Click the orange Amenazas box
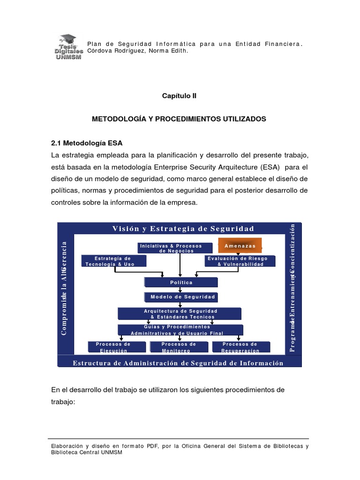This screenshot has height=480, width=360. [x=240, y=246]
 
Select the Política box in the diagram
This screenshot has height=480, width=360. [x=181, y=282]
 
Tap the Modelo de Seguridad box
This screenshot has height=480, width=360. [x=181, y=297]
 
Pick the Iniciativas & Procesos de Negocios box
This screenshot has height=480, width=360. [x=170, y=248]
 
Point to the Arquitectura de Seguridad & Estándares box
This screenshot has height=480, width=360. [x=180, y=314]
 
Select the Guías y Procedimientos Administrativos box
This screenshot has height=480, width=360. [x=180, y=330]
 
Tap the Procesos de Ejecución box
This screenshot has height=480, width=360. [x=113, y=347]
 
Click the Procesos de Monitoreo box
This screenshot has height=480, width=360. [x=179, y=347]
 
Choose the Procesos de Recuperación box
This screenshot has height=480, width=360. [x=241, y=347]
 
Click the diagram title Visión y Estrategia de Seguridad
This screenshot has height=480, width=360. [x=183, y=229]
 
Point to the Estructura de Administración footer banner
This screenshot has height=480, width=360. [x=178, y=363]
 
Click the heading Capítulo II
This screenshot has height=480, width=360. [x=179, y=96]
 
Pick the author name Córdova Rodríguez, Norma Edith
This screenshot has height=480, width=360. [x=138, y=51]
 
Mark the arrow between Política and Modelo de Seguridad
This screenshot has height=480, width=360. [x=180, y=290]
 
